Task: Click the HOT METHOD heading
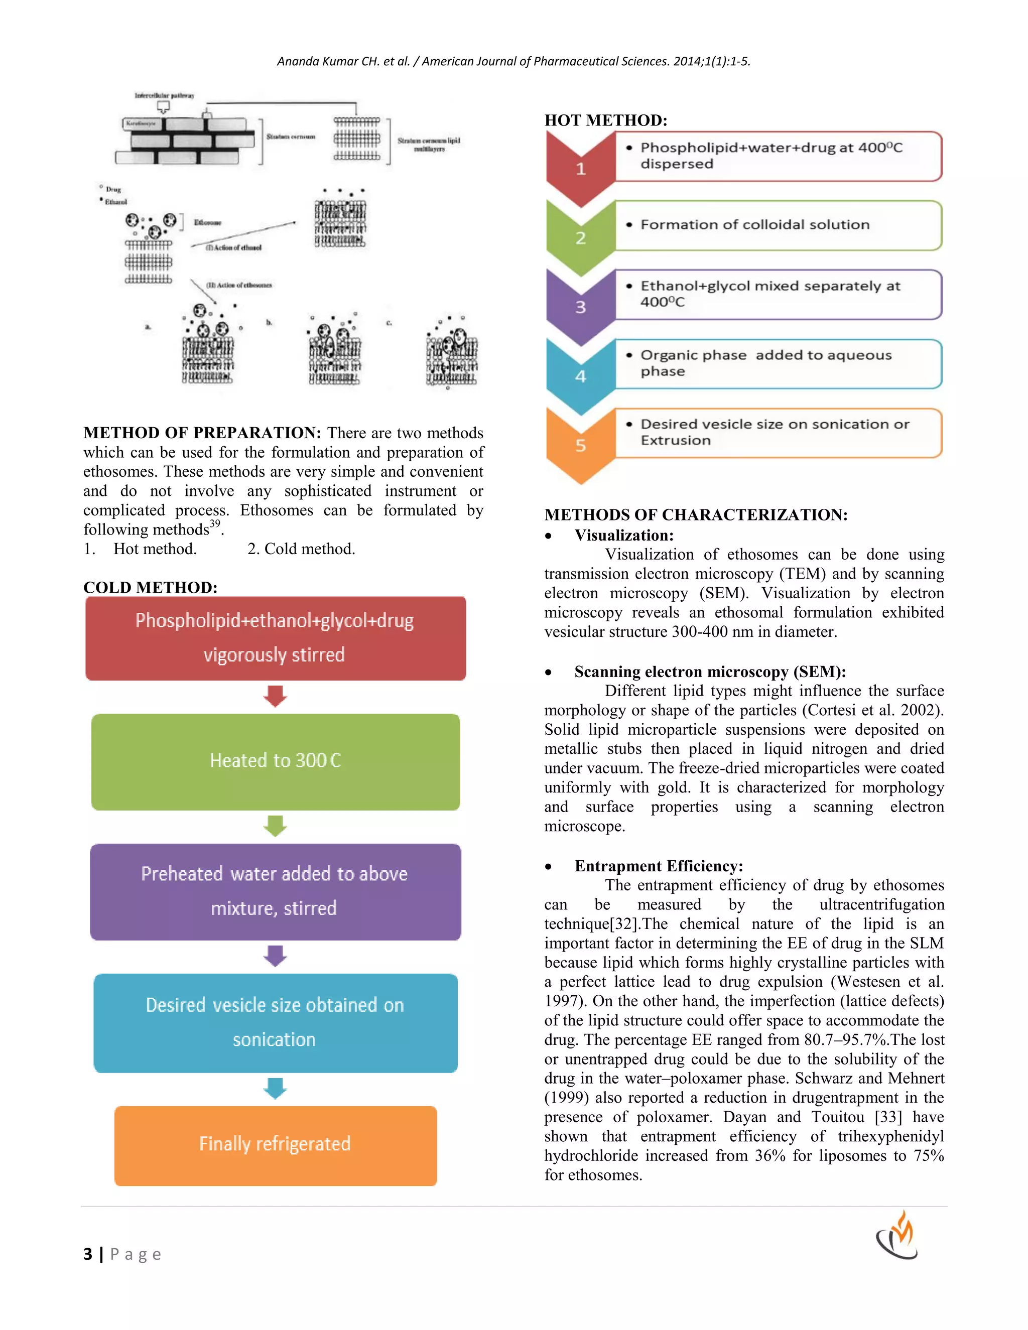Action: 605,120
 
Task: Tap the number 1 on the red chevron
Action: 580,169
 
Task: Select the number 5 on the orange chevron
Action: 580,445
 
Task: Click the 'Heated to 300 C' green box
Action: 275,761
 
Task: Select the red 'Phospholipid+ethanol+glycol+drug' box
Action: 275,637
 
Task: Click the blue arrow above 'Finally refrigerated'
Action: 275,1088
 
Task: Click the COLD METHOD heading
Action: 151,587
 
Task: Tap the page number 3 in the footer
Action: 88,1254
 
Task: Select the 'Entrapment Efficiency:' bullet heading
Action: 659,866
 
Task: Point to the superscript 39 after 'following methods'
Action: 215,523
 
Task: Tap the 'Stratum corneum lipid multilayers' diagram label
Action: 429,145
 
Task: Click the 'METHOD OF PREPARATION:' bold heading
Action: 202,433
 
